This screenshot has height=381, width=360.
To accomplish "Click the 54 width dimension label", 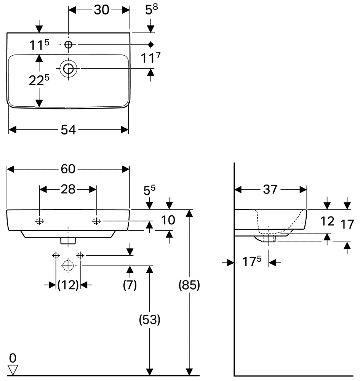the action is tap(68, 130).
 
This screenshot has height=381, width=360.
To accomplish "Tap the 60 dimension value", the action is tap(68, 169).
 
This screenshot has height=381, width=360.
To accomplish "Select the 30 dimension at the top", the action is tap(102, 10).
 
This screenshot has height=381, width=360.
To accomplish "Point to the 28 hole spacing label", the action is tap(68, 189).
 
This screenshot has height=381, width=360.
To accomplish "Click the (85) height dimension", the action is tap(189, 285).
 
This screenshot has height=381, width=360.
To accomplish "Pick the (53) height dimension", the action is tap(150, 320).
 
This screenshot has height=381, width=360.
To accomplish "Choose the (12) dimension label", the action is tap(68, 285).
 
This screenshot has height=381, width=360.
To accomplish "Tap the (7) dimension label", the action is tap(130, 285).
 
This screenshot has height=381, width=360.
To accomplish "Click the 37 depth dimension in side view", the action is tap(270, 189).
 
